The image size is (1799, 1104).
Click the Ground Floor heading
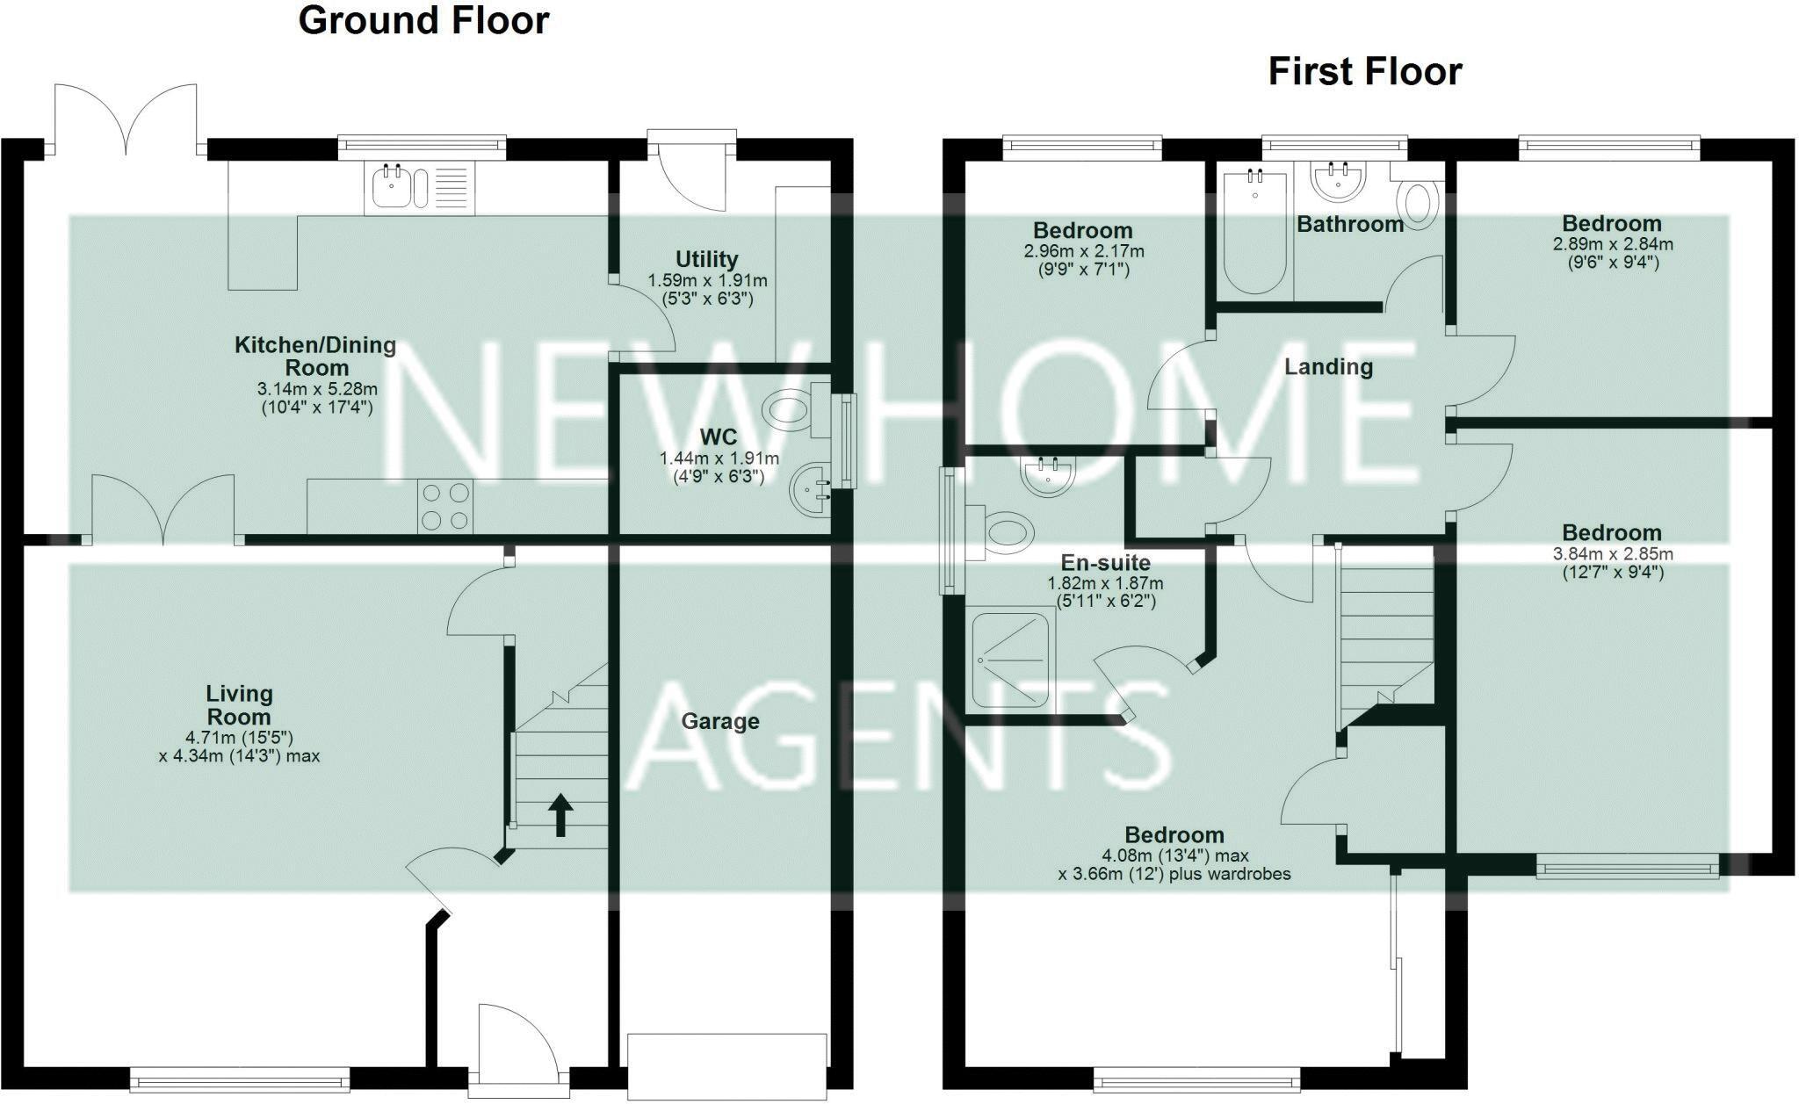click(x=423, y=20)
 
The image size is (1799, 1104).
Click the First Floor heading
click(x=1364, y=71)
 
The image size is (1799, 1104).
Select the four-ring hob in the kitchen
click(x=444, y=507)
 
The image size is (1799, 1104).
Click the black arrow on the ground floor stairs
click(x=560, y=814)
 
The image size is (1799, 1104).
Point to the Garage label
click(x=720, y=721)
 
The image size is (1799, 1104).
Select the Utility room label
click(x=706, y=259)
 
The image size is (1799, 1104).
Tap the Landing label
click(x=1328, y=366)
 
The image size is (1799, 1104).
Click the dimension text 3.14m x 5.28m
click(x=317, y=389)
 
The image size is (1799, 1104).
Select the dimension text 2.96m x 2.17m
click(x=1083, y=251)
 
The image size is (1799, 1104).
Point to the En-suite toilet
click(x=1007, y=532)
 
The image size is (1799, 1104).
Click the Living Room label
click(x=239, y=705)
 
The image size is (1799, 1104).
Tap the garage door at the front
click(x=727, y=1065)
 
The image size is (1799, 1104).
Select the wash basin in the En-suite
click(x=1047, y=477)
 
